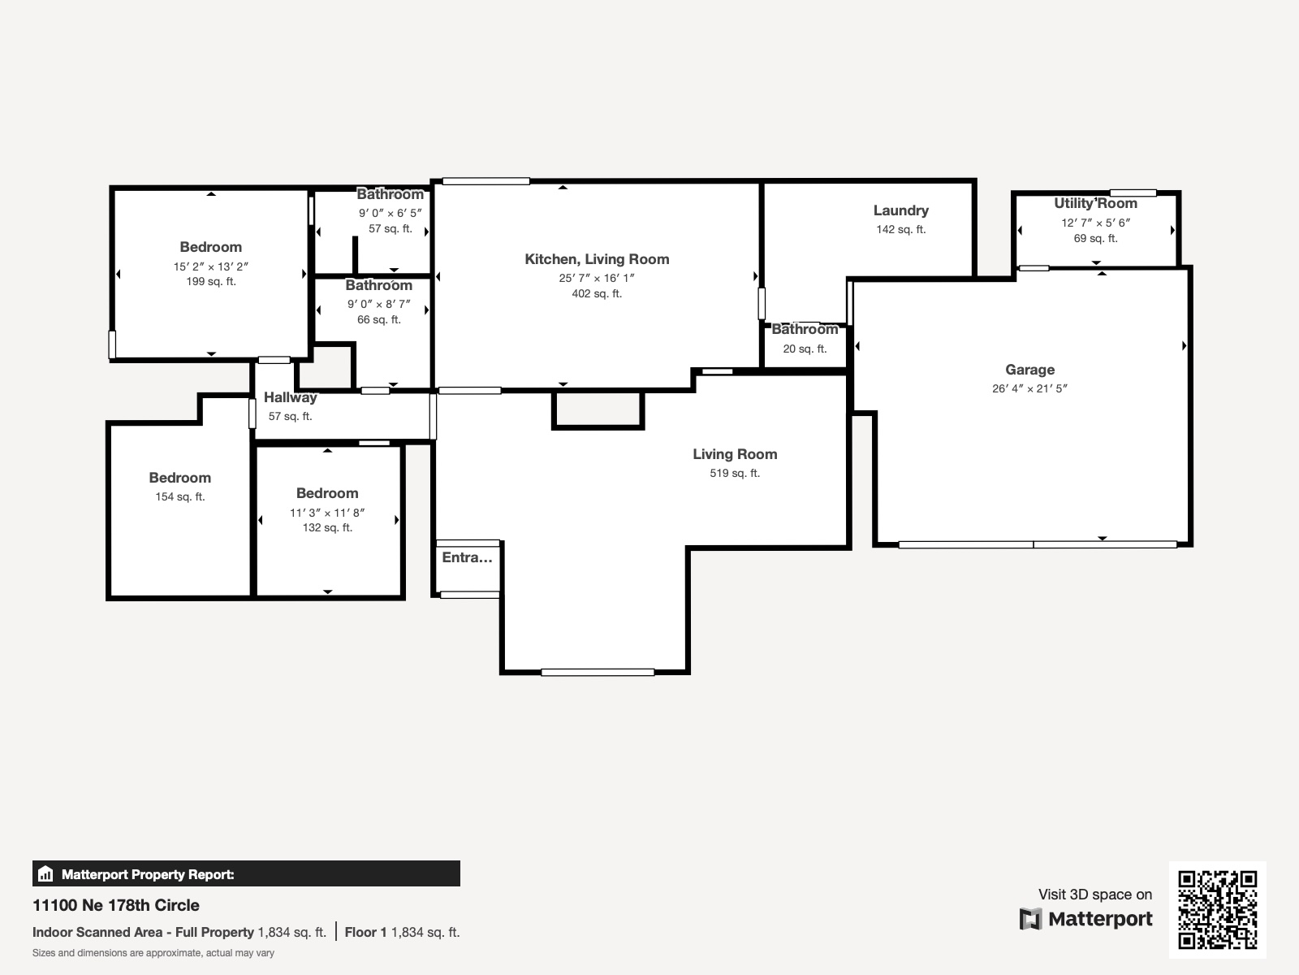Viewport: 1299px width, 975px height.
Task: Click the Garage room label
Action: (x=1029, y=370)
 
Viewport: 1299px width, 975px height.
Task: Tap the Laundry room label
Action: (x=900, y=210)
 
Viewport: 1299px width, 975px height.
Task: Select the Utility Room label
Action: (x=1095, y=203)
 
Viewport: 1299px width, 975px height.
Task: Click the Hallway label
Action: (x=290, y=397)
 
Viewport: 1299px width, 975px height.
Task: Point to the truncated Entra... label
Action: (x=467, y=557)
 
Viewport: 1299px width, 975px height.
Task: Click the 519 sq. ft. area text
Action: (x=735, y=473)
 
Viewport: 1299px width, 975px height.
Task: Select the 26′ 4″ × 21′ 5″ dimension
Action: (x=1029, y=388)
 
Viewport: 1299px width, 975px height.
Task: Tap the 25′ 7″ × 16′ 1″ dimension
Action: (x=597, y=278)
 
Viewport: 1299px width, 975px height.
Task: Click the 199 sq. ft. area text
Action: (x=211, y=282)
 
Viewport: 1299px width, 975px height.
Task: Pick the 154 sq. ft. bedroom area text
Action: (x=180, y=496)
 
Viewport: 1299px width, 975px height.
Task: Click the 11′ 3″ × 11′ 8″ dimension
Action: (x=327, y=513)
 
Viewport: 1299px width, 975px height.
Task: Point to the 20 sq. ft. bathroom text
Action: (x=805, y=349)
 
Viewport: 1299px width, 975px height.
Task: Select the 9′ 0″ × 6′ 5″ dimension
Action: (x=391, y=213)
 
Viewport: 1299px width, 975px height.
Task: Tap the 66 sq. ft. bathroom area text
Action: (x=379, y=319)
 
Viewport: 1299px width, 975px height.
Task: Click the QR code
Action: (x=1217, y=909)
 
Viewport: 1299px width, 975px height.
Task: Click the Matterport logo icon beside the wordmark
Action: (x=1030, y=919)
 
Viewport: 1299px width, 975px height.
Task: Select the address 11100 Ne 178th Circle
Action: (x=116, y=905)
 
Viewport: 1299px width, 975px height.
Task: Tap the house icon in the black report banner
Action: (x=45, y=874)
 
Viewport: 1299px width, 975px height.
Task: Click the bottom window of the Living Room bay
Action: (x=598, y=672)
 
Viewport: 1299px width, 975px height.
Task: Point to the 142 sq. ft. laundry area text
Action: (x=900, y=229)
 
